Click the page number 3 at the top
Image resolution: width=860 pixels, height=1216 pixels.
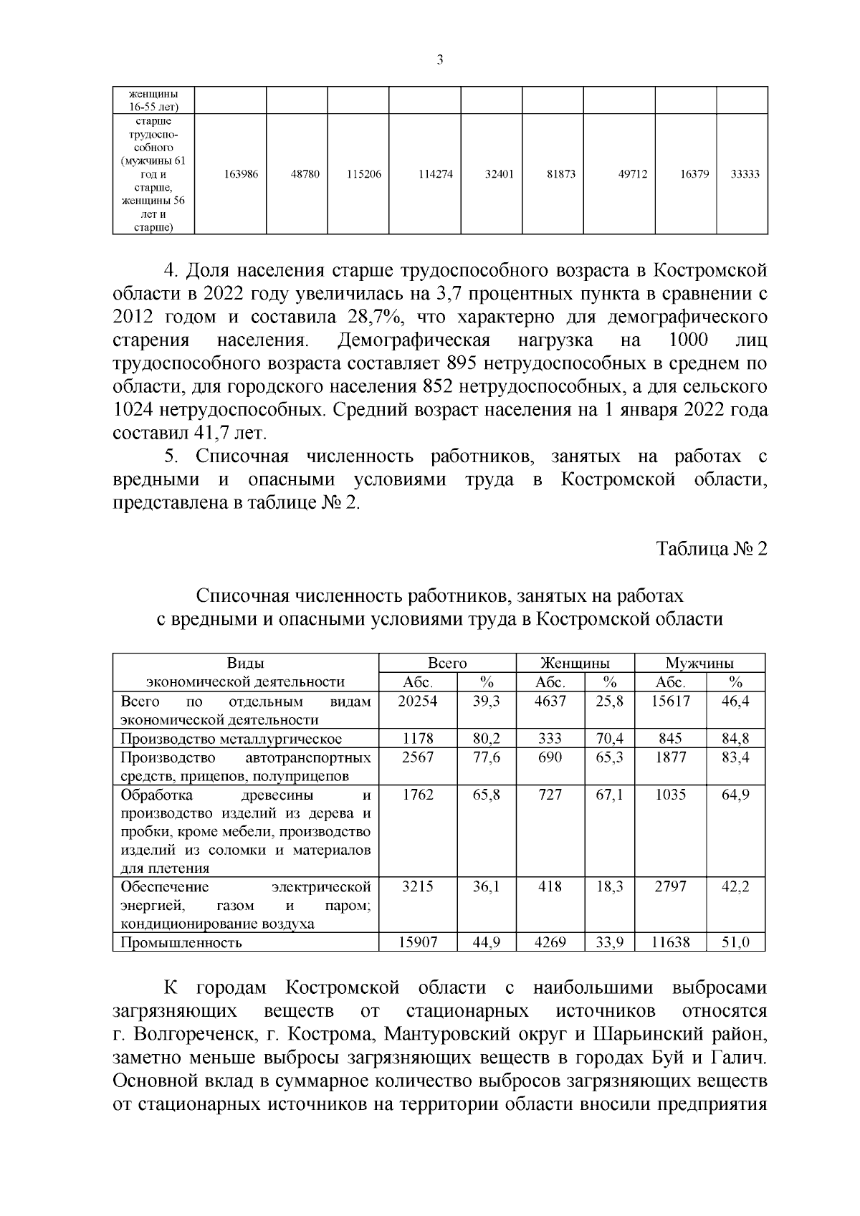(x=440, y=61)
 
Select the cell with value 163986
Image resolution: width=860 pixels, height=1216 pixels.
(x=242, y=174)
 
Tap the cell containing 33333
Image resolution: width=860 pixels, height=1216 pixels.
(x=745, y=174)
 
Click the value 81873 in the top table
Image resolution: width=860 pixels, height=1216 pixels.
(x=561, y=174)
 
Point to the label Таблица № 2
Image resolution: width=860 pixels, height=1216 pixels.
(x=712, y=550)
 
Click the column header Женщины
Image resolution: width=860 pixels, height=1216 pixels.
(x=575, y=664)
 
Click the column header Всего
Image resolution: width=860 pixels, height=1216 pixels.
(x=447, y=664)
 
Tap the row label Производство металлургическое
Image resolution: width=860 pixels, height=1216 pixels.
(x=231, y=739)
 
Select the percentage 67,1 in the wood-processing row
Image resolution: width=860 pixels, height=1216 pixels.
(x=610, y=795)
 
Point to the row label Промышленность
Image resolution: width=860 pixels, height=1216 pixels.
(x=181, y=942)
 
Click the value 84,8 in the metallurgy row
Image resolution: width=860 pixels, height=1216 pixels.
(x=735, y=739)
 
